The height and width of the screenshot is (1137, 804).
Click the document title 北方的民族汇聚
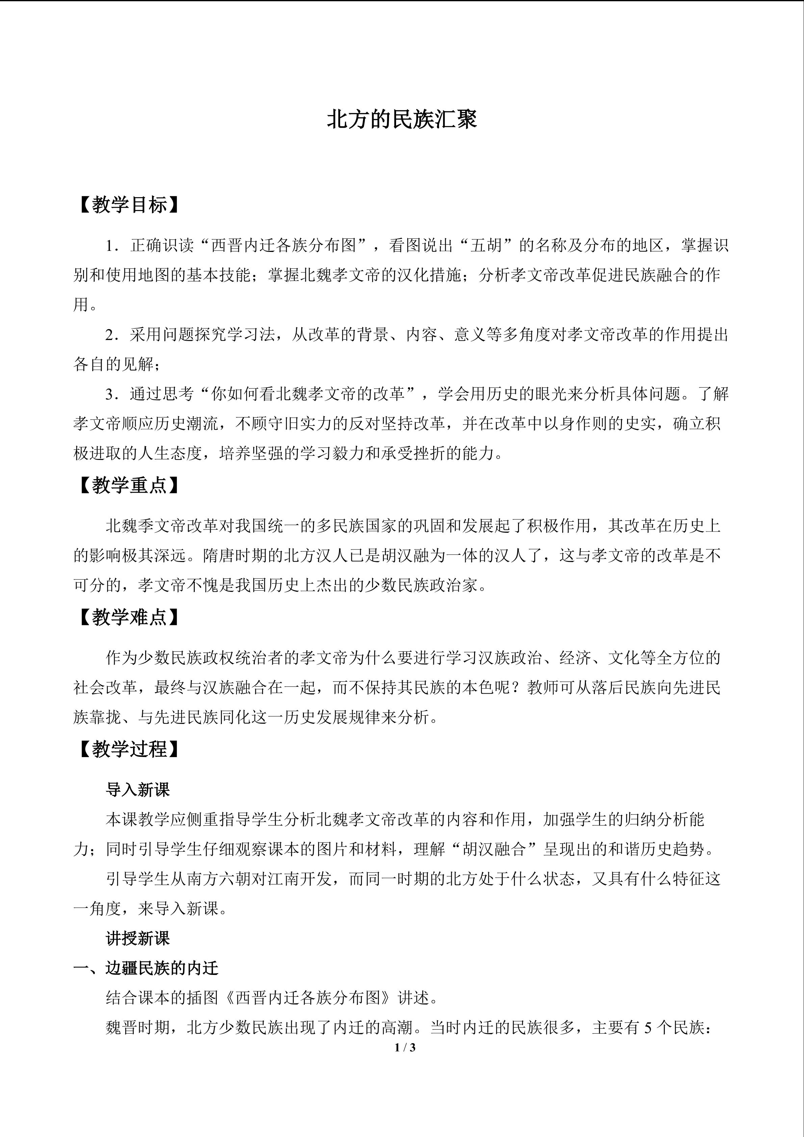pyautogui.click(x=401, y=120)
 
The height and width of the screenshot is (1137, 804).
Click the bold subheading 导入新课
pyautogui.click(x=138, y=790)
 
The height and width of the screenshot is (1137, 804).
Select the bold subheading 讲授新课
pyautogui.click(x=138, y=938)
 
